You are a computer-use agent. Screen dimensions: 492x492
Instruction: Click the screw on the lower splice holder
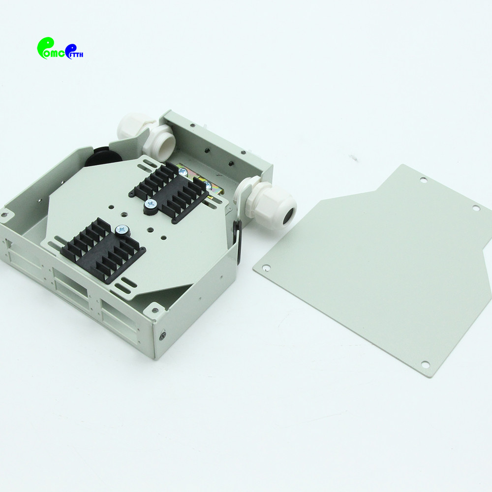121,229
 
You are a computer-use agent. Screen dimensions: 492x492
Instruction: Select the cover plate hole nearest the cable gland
266,268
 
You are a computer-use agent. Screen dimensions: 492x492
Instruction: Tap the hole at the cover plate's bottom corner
425,365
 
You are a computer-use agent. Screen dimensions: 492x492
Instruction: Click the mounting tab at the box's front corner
155,310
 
